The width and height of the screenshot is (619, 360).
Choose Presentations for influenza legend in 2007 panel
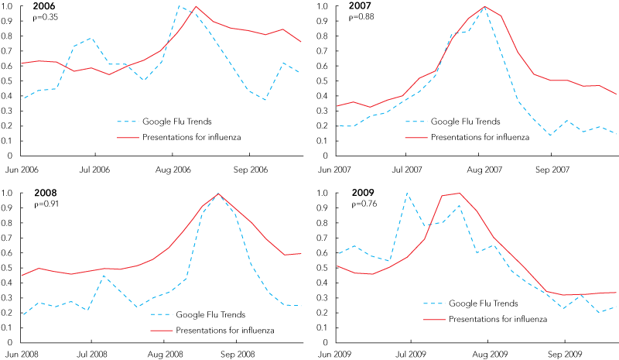(x=480, y=137)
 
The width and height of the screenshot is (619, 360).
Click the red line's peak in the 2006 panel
(x=196, y=7)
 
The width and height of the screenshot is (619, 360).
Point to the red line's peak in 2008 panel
(x=218, y=194)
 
